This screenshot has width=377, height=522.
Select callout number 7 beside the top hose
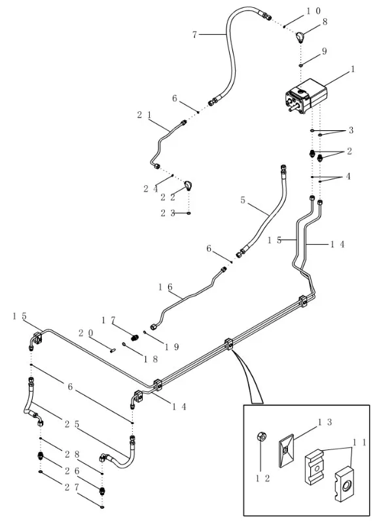tap(194, 34)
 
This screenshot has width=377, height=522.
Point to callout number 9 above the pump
tap(324, 52)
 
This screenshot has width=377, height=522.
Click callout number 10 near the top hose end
tap(313, 11)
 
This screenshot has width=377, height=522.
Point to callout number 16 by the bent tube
tap(165, 287)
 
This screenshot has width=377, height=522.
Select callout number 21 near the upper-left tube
tap(144, 115)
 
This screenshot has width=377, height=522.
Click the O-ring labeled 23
tap(188, 213)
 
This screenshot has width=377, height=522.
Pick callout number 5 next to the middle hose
tap(243, 200)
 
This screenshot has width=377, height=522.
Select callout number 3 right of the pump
tap(351, 130)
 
